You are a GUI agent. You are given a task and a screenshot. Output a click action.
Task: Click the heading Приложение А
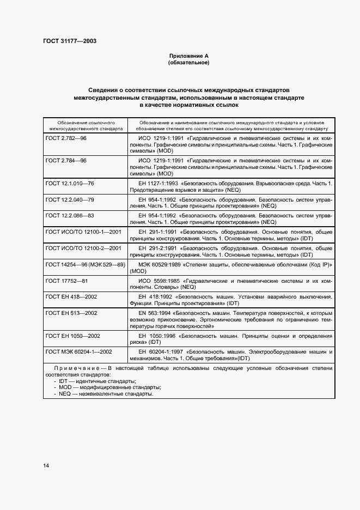[x=189, y=56]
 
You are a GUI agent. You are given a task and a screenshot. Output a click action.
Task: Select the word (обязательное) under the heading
[x=189, y=63]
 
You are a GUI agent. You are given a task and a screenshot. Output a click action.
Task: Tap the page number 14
[x=46, y=465]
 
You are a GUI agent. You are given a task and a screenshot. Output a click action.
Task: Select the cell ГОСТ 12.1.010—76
[x=70, y=183]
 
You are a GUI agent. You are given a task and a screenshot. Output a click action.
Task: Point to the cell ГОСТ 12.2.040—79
[x=70, y=199]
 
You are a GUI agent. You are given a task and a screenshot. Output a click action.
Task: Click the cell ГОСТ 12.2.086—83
[x=70, y=215]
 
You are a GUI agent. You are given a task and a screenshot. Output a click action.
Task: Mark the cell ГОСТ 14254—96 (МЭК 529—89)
[x=86, y=264]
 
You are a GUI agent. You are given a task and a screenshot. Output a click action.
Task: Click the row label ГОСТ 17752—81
[x=66, y=280]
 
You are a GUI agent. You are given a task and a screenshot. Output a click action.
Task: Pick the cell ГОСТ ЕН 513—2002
[x=71, y=313]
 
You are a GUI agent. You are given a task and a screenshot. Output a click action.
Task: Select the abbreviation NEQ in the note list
[x=66, y=393]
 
